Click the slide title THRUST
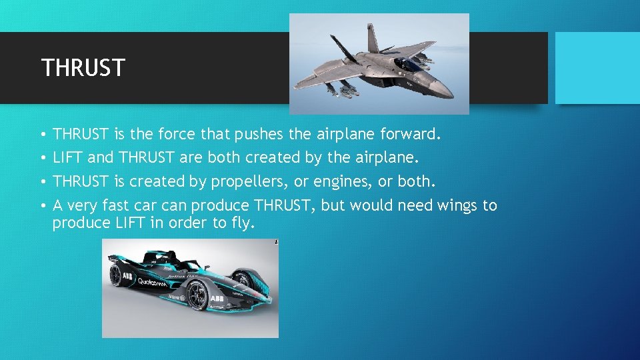point(83,67)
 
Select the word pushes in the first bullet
point(259,135)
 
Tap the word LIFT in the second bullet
point(67,159)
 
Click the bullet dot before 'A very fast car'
point(41,206)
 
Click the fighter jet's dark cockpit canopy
point(407,65)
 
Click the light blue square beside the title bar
point(597,68)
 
